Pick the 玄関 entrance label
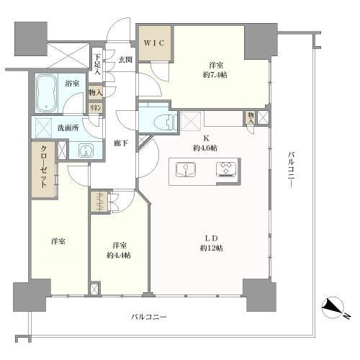(125, 59)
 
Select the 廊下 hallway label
(120, 144)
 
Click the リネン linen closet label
(95, 107)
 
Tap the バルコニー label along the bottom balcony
(150, 317)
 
